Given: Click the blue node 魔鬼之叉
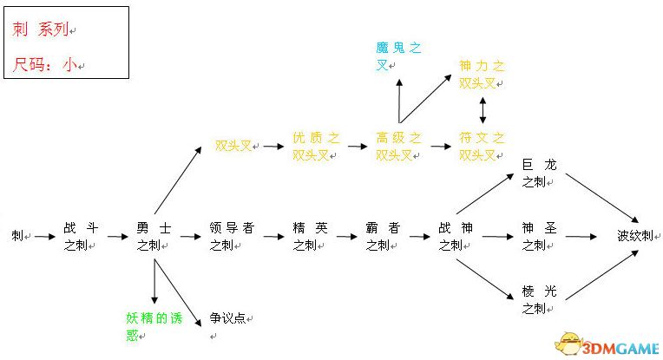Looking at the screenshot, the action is click(x=398, y=56).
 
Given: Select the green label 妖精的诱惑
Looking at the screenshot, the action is click(x=154, y=327).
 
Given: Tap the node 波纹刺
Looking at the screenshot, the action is click(x=635, y=235).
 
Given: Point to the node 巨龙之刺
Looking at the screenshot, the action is click(x=539, y=173).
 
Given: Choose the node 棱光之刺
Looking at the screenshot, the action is click(x=539, y=299).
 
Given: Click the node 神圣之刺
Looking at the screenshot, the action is click(x=539, y=237).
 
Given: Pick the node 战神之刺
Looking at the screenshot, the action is click(x=456, y=237).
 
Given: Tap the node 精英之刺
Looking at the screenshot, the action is click(x=310, y=237).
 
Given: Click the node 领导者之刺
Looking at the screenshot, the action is click(x=232, y=237).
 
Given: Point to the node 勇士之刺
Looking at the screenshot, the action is click(x=154, y=237).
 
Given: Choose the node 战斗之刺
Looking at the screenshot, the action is click(x=81, y=237).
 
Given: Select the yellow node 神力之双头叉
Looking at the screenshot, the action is click(x=482, y=75).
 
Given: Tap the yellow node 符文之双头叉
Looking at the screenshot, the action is click(x=482, y=147).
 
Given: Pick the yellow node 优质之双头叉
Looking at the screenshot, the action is click(x=315, y=147).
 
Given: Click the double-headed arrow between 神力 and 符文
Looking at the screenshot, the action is click(x=482, y=110).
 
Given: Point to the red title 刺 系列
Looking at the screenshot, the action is click(x=41, y=29).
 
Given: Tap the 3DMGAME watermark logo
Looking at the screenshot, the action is click(x=607, y=344).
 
